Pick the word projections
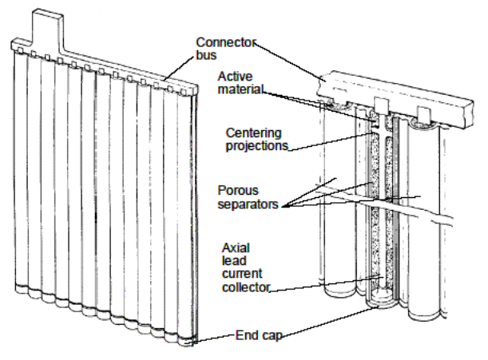(257, 147)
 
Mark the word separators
(248, 206)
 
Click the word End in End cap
(243, 336)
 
